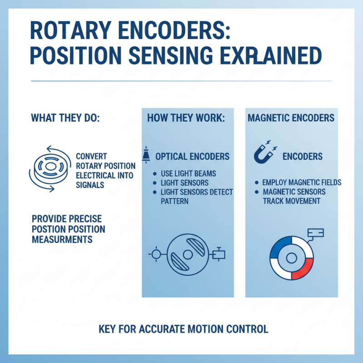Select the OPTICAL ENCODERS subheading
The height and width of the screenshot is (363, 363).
coord(192,157)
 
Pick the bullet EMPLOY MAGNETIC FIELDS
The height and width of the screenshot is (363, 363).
coord(302,182)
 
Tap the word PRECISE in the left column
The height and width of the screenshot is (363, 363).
coord(85,218)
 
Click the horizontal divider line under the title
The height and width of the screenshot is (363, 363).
coord(181,82)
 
